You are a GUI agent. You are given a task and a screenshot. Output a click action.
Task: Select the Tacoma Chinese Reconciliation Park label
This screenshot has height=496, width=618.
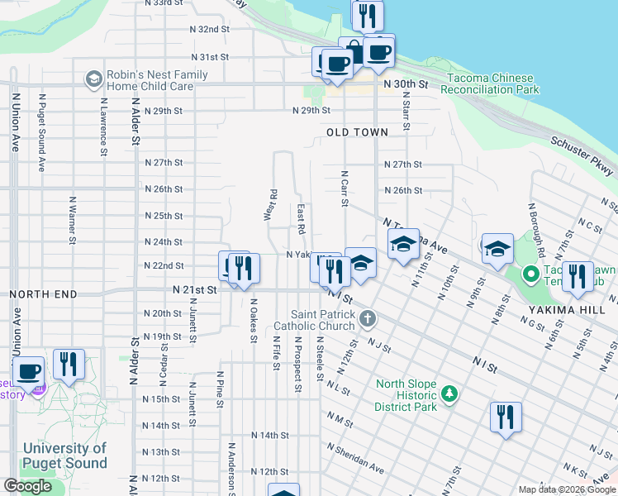(492, 83)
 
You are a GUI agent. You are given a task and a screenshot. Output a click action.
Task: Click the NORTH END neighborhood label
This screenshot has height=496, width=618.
(43, 294)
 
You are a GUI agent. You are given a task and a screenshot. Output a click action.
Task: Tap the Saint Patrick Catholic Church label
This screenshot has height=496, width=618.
(323, 322)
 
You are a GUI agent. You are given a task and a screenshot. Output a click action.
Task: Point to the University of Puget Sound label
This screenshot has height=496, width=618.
(64, 455)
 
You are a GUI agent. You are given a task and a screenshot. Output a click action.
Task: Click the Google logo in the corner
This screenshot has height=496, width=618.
(28, 486)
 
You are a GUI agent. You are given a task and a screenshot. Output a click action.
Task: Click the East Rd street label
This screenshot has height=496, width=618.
(302, 219)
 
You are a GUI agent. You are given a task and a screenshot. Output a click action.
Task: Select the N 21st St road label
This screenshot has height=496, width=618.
(194, 290)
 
